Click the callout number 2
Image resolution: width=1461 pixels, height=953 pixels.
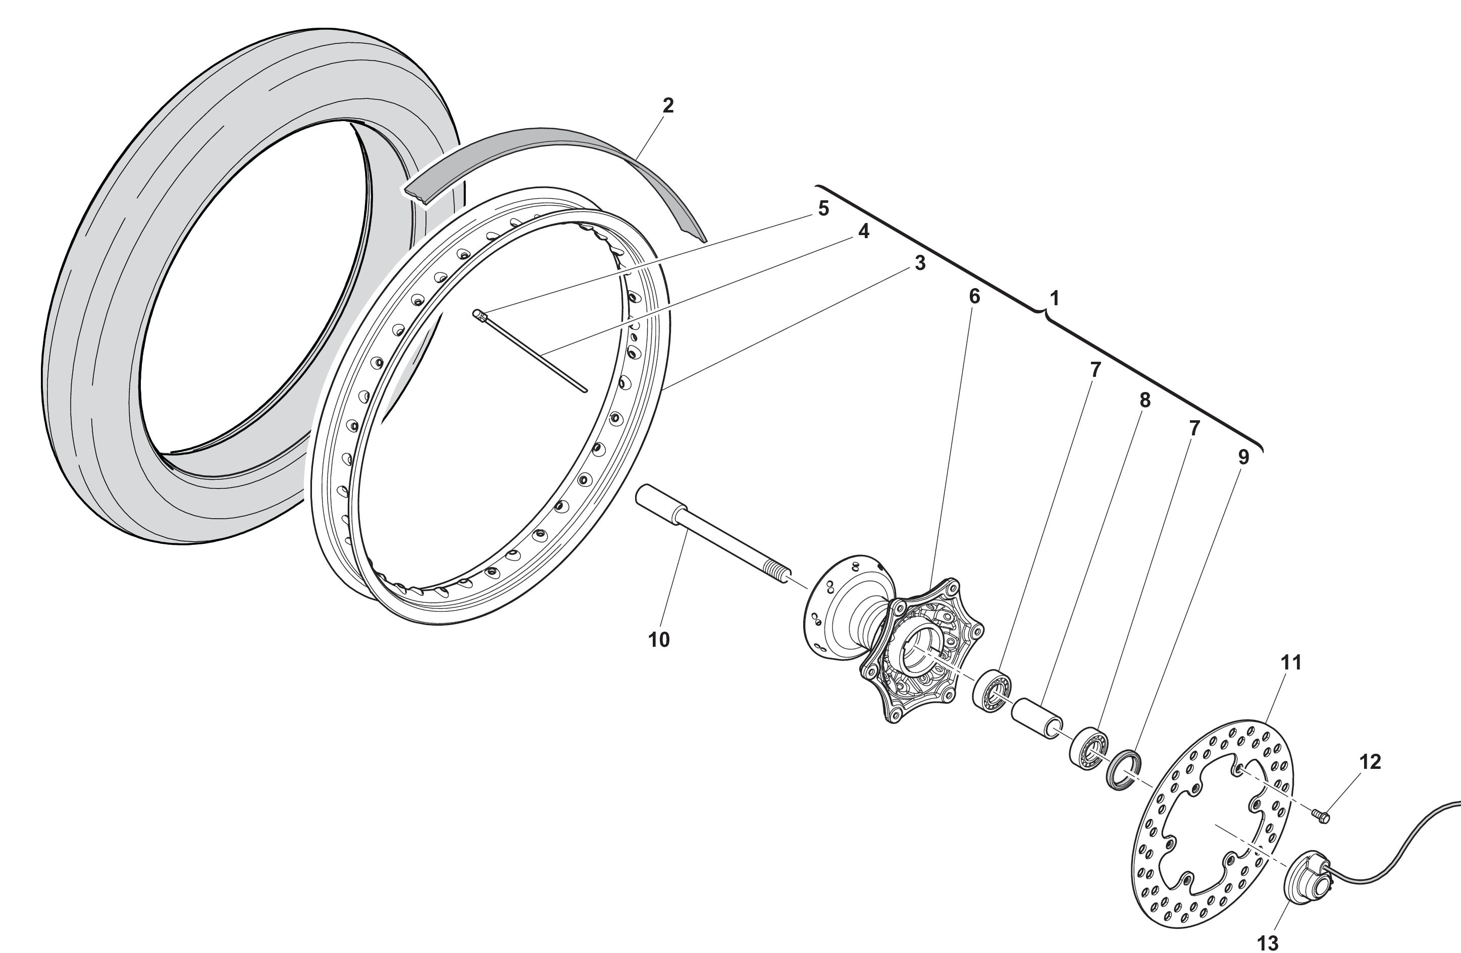(668, 105)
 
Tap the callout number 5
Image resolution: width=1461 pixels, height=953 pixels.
(823, 209)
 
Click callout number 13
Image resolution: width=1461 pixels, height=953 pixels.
(1268, 942)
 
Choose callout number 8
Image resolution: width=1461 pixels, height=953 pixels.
(1144, 400)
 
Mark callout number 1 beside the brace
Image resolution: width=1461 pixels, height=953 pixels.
(1054, 298)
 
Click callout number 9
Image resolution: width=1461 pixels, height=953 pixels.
(1243, 457)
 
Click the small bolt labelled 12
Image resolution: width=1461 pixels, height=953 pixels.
(1321, 816)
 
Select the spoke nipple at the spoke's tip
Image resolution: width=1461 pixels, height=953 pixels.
(480, 315)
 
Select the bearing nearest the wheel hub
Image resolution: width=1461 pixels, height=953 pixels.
(993, 692)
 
